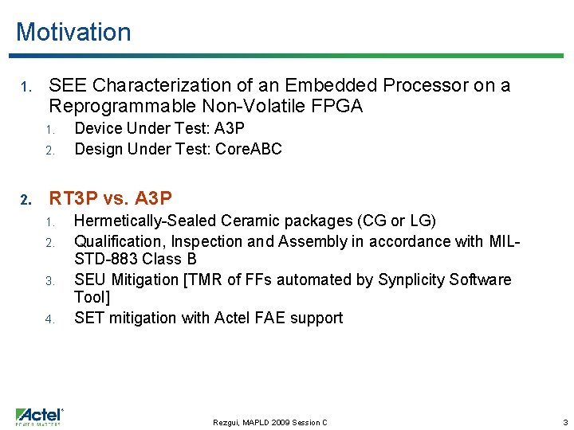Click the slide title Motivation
coord(73,32)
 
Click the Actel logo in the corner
coord(40,416)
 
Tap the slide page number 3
coord(565,422)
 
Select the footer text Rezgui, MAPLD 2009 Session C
coord(269,422)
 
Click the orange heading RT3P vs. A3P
coord(111,197)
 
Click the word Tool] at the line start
coord(91,297)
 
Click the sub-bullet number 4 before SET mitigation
coord(49,319)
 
